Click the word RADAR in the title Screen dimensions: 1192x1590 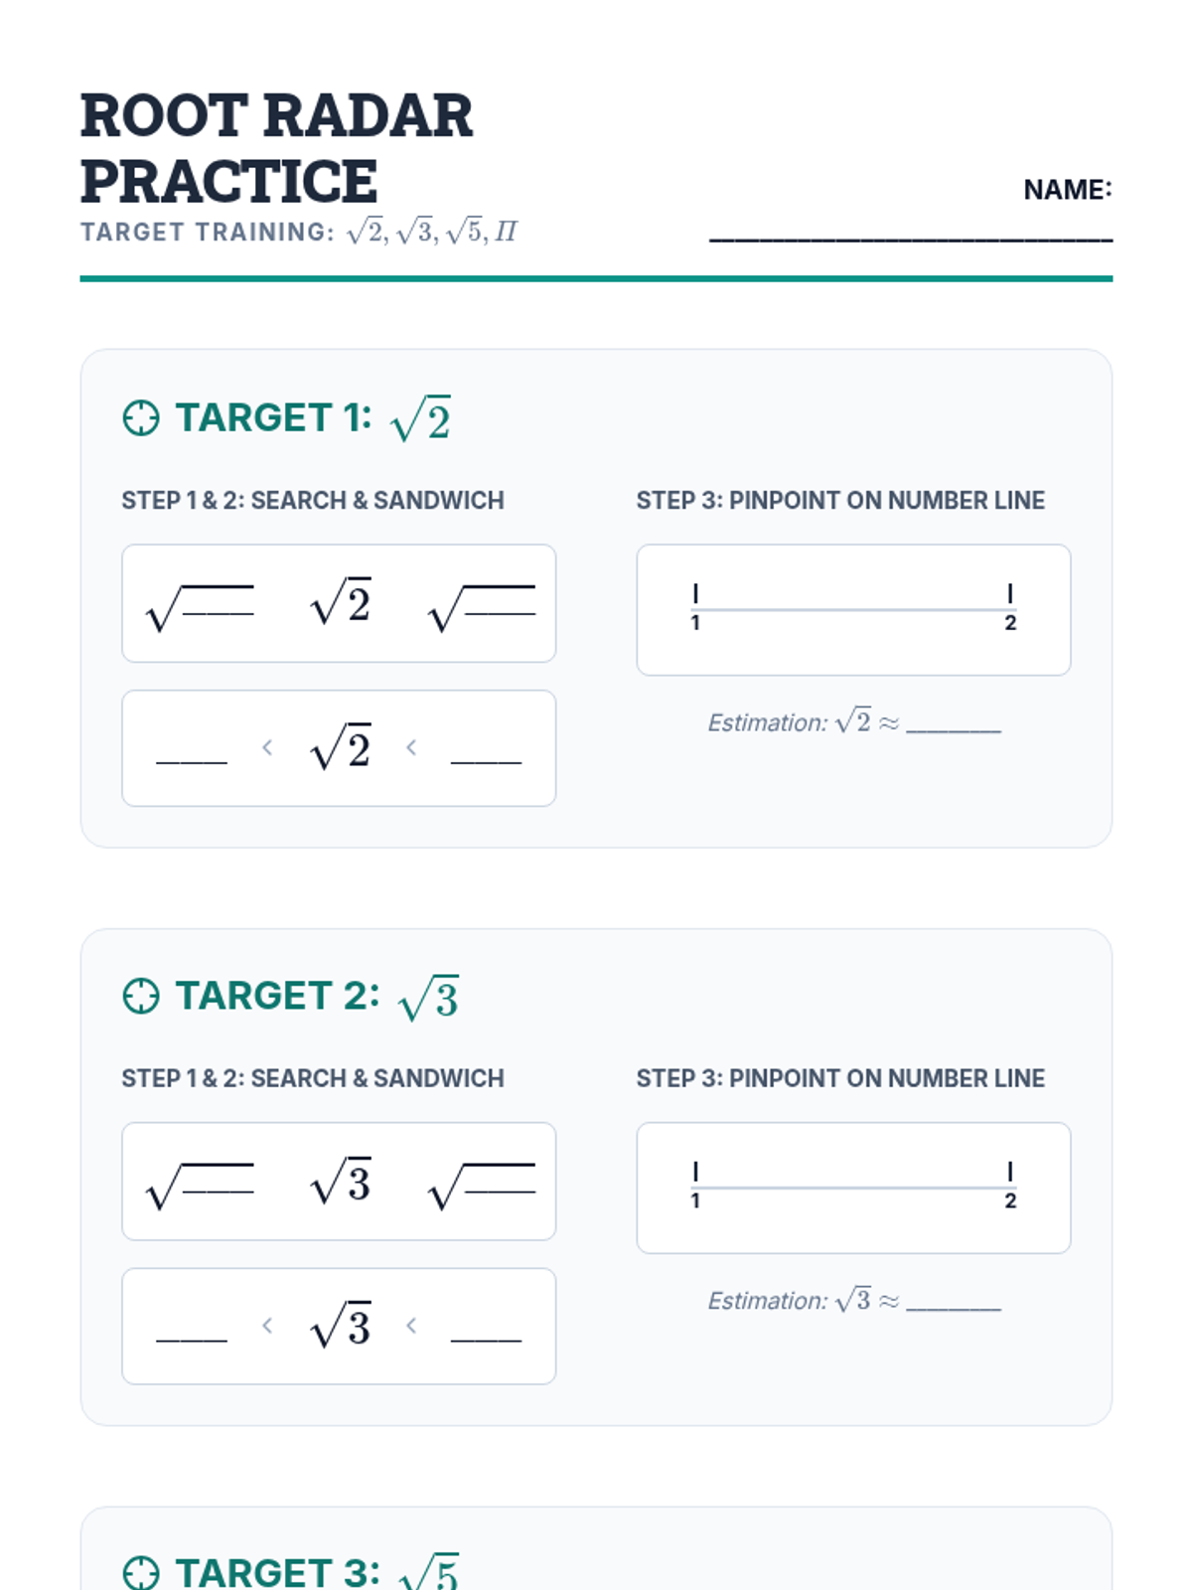[x=368, y=116]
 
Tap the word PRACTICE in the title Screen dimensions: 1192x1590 [x=228, y=181]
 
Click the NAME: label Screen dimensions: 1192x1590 [x=1068, y=190]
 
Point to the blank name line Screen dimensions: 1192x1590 [x=911, y=239]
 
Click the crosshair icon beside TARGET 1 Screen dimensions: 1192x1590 [x=141, y=418]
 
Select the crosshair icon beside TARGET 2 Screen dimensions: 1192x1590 [x=141, y=997]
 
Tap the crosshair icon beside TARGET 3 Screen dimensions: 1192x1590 [x=141, y=1574]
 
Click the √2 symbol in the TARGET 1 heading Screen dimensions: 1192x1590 [x=420, y=418]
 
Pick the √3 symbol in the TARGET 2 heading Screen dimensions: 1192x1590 [x=428, y=998]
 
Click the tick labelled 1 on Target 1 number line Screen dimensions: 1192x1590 [x=695, y=594]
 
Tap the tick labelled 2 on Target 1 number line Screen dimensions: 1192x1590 [x=1010, y=594]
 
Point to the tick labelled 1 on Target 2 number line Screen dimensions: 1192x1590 [x=695, y=1172]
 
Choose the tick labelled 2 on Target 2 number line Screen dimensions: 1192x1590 [x=1010, y=1172]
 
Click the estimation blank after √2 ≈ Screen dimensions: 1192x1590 [x=954, y=730]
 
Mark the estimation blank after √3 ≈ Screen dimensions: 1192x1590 [x=954, y=1309]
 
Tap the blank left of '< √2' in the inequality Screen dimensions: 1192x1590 [x=192, y=762]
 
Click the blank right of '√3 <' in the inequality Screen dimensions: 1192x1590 [x=487, y=1341]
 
